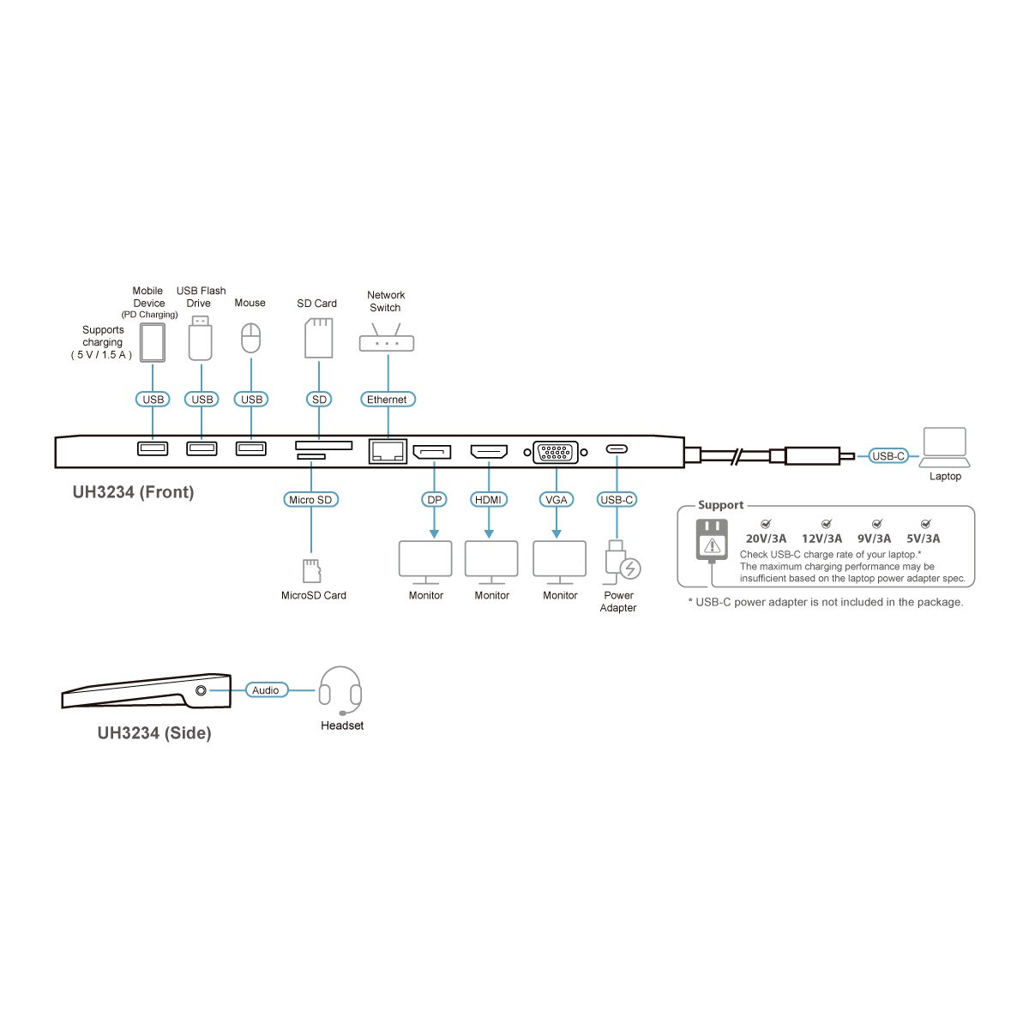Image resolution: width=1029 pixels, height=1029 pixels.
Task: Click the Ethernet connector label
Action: (x=387, y=400)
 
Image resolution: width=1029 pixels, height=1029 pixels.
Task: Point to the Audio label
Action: (x=266, y=689)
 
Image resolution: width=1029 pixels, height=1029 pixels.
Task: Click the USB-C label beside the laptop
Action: (x=888, y=456)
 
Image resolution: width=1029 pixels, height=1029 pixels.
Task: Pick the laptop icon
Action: (x=944, y=447)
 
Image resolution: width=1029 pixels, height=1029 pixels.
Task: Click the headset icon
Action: (x=340, y=691)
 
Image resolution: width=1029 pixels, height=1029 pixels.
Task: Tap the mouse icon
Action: (x=250, y=339)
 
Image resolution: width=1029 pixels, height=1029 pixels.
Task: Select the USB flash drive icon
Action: (x=200, y=338)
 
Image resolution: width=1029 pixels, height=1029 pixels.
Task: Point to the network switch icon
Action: (x=386, y=340)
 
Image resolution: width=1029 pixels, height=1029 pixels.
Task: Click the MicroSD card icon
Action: (x=311, y=569)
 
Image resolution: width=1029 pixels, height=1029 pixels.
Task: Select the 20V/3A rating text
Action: (x=767, y=539)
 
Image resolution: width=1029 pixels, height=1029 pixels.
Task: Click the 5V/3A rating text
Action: (x=923, y=539)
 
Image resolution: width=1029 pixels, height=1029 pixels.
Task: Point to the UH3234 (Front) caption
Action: (x=133, y=492)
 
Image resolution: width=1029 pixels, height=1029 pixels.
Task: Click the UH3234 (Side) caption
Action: (x=154, y=733)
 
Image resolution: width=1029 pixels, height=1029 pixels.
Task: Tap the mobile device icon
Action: (x=152, y=341)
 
